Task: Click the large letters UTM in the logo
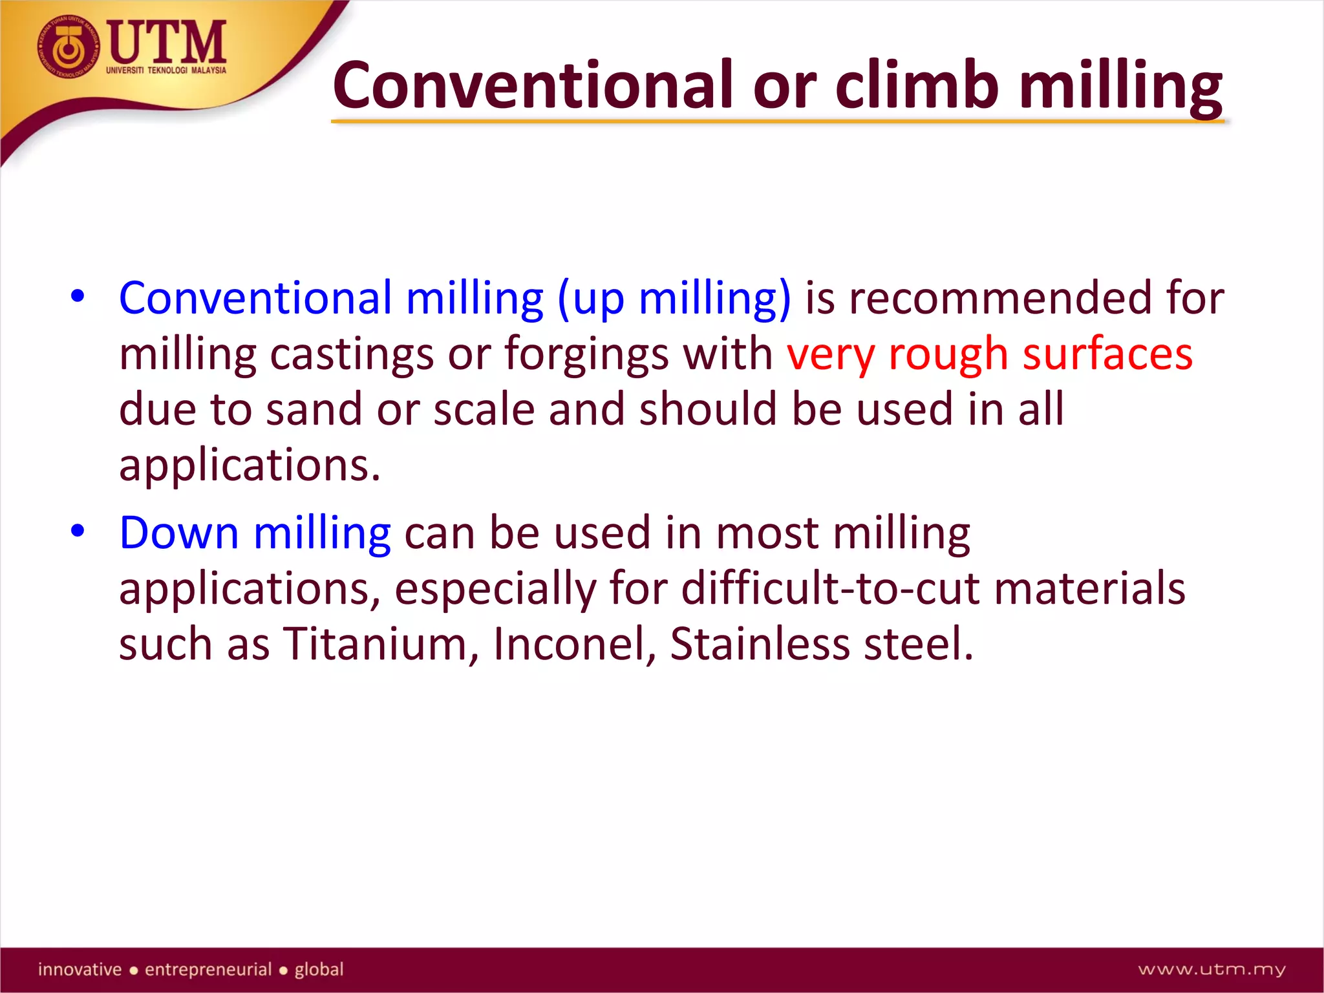pyautogui.click(x=167, y=42)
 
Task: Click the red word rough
pyautogui.click(x=948, y=356)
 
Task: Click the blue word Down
pyautogui.click(x=179, y=533)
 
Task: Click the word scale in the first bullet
pyautogui.click(x=484, y=410)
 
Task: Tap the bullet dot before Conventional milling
pyautogui.click(x=78, y=297)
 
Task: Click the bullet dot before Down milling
pyautogui.click(x=78, y=531)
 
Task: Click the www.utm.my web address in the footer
pyautogui.click(x=1212, y=970)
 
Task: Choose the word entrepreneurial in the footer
pyautogui.click(x=208, y=970)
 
